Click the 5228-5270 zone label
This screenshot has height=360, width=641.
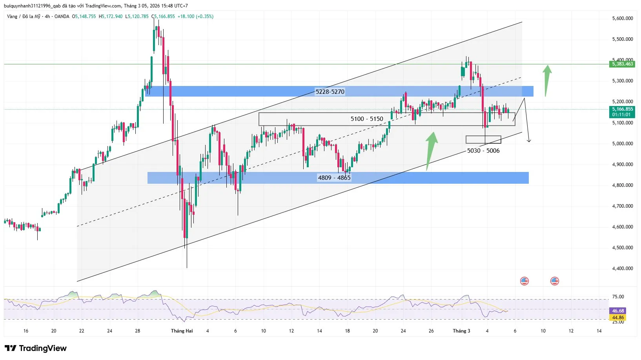pyautogui.click(x=330, y=92)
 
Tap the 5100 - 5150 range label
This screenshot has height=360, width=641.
pyautogui.click(x=367, y=119)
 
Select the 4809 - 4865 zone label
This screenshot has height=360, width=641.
pyautogui.click(x=334, y=178)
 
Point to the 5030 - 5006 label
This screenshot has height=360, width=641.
pyautogui.click(x=483, y=151)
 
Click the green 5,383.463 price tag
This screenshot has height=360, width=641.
pyautogui.click(x=623, y=64)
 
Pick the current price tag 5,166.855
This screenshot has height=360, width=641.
pyautogui.click(x=623, y=109)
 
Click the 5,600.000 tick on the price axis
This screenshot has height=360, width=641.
pyautogui.click(x=623, y=18)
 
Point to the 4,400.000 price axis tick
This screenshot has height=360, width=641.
pyautogui.click(x=623, y=269)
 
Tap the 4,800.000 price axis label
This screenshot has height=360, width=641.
pyautogui.click(x=623, y=185)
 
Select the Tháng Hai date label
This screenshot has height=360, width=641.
pyautogui.click(x=182, y=331)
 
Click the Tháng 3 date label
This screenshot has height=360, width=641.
pyautogui.click(x=461, y=331)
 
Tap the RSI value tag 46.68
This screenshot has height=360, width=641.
pyautogui.click(x=618, y=311)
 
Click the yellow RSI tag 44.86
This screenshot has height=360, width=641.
pyautogui.click(x=618, y=318)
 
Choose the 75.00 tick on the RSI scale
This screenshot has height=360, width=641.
pyautogui.click(x=618, y=297)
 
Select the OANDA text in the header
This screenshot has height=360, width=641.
pyautogui.click(x=62, y=16)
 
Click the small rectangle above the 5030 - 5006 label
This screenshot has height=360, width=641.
pyautogui.click(x=483, y=140)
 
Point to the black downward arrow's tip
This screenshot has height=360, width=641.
pyautogui.click(x=529, y=141)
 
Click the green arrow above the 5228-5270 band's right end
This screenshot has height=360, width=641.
pyautogui.click(x=547, y=80)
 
